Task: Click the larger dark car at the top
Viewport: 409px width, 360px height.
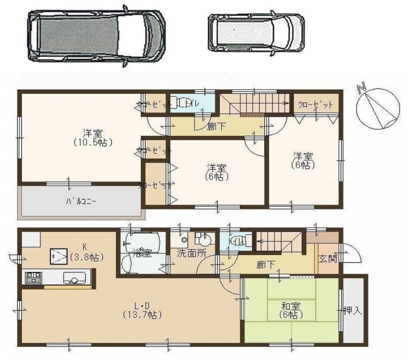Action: click(x=96, y=36)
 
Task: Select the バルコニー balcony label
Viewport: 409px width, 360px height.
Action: click(x=81, y=202)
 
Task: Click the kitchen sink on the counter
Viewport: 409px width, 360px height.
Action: click(x=74, y=279)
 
